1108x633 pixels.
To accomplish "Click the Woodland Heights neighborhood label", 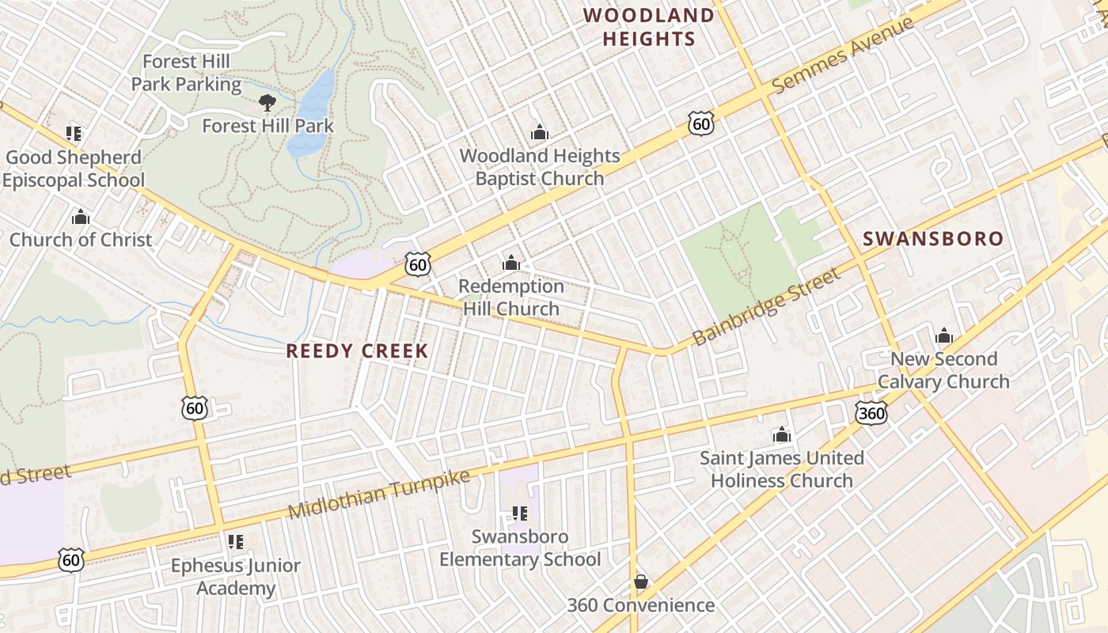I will click(x=648, y=27).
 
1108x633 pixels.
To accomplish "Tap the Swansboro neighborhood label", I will click(x=932, y=239).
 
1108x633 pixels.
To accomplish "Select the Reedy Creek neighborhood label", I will click(x=357, y=351).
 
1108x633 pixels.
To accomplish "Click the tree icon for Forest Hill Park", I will click(x=268, y=102).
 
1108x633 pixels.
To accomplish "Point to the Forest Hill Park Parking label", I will click(x=186, y=73).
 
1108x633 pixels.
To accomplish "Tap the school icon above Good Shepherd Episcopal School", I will click(x=74, y=133).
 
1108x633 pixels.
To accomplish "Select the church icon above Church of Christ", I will click(x=81, y=217).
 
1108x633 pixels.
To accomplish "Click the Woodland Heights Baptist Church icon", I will click(x=540, y=132).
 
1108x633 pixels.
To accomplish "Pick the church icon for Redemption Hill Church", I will click(x=511, y=262).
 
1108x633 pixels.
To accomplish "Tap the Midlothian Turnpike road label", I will click(x=379, y=494).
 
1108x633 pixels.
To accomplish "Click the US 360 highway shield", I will click(x=871, y=412).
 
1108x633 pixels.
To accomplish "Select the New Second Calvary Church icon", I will click(x=943, y=335).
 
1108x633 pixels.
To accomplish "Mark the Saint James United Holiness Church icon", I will click(x=782, y=434).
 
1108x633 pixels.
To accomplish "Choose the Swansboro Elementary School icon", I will click(x=520, y=514).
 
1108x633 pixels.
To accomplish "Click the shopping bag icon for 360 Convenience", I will click(x=641, y=582).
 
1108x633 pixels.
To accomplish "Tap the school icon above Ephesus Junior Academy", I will click(x=235, y=542).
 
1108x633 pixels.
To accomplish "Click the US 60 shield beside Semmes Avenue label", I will click(x=701, y=123).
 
